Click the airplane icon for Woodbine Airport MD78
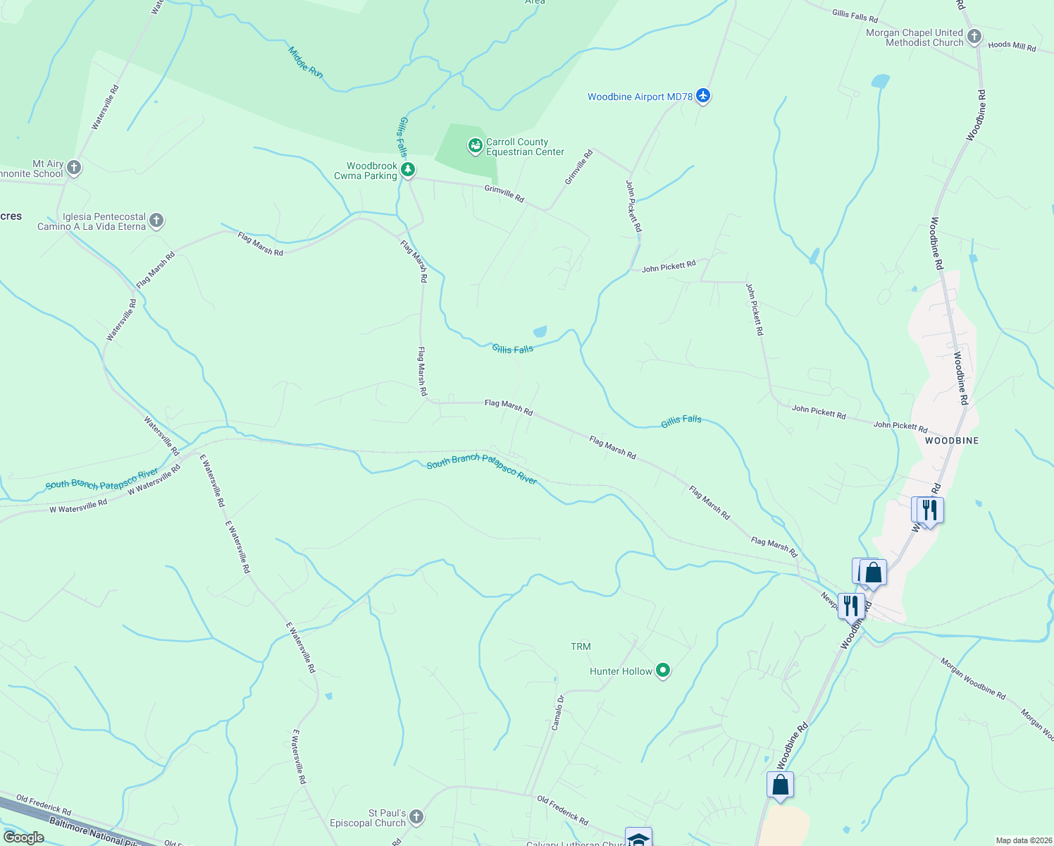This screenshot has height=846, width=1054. point(702,95)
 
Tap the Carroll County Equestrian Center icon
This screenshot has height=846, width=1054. point(475,146)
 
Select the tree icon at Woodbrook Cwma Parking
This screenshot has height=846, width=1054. point(408,169)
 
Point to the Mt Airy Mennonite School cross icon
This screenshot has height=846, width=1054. point(74,168)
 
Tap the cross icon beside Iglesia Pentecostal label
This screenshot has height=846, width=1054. point(156,221)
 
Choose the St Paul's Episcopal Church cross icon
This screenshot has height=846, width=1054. point(416,817)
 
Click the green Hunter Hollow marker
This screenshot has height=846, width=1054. point(662,670)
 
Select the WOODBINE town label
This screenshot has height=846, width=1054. point(952,441)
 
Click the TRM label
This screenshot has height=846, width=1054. point(581,646)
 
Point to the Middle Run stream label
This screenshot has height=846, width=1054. point(306,62)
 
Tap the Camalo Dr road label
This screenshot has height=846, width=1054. point(557,712)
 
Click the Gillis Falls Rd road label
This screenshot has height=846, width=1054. point(855,16)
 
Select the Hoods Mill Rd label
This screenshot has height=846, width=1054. point(1012,46)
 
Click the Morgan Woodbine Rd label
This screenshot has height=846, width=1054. point(973,678)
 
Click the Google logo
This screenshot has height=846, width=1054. point(24,837)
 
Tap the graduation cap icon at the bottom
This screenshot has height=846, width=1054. point(638,838)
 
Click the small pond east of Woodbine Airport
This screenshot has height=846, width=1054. point(880,81)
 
